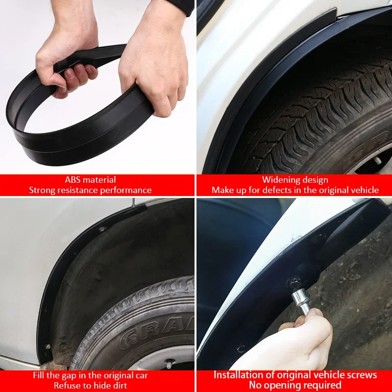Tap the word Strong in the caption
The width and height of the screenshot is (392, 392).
pos(42,190)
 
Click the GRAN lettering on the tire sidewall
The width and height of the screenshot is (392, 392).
pos(147,333)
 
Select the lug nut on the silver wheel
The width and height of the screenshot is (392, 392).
pos(169,365)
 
